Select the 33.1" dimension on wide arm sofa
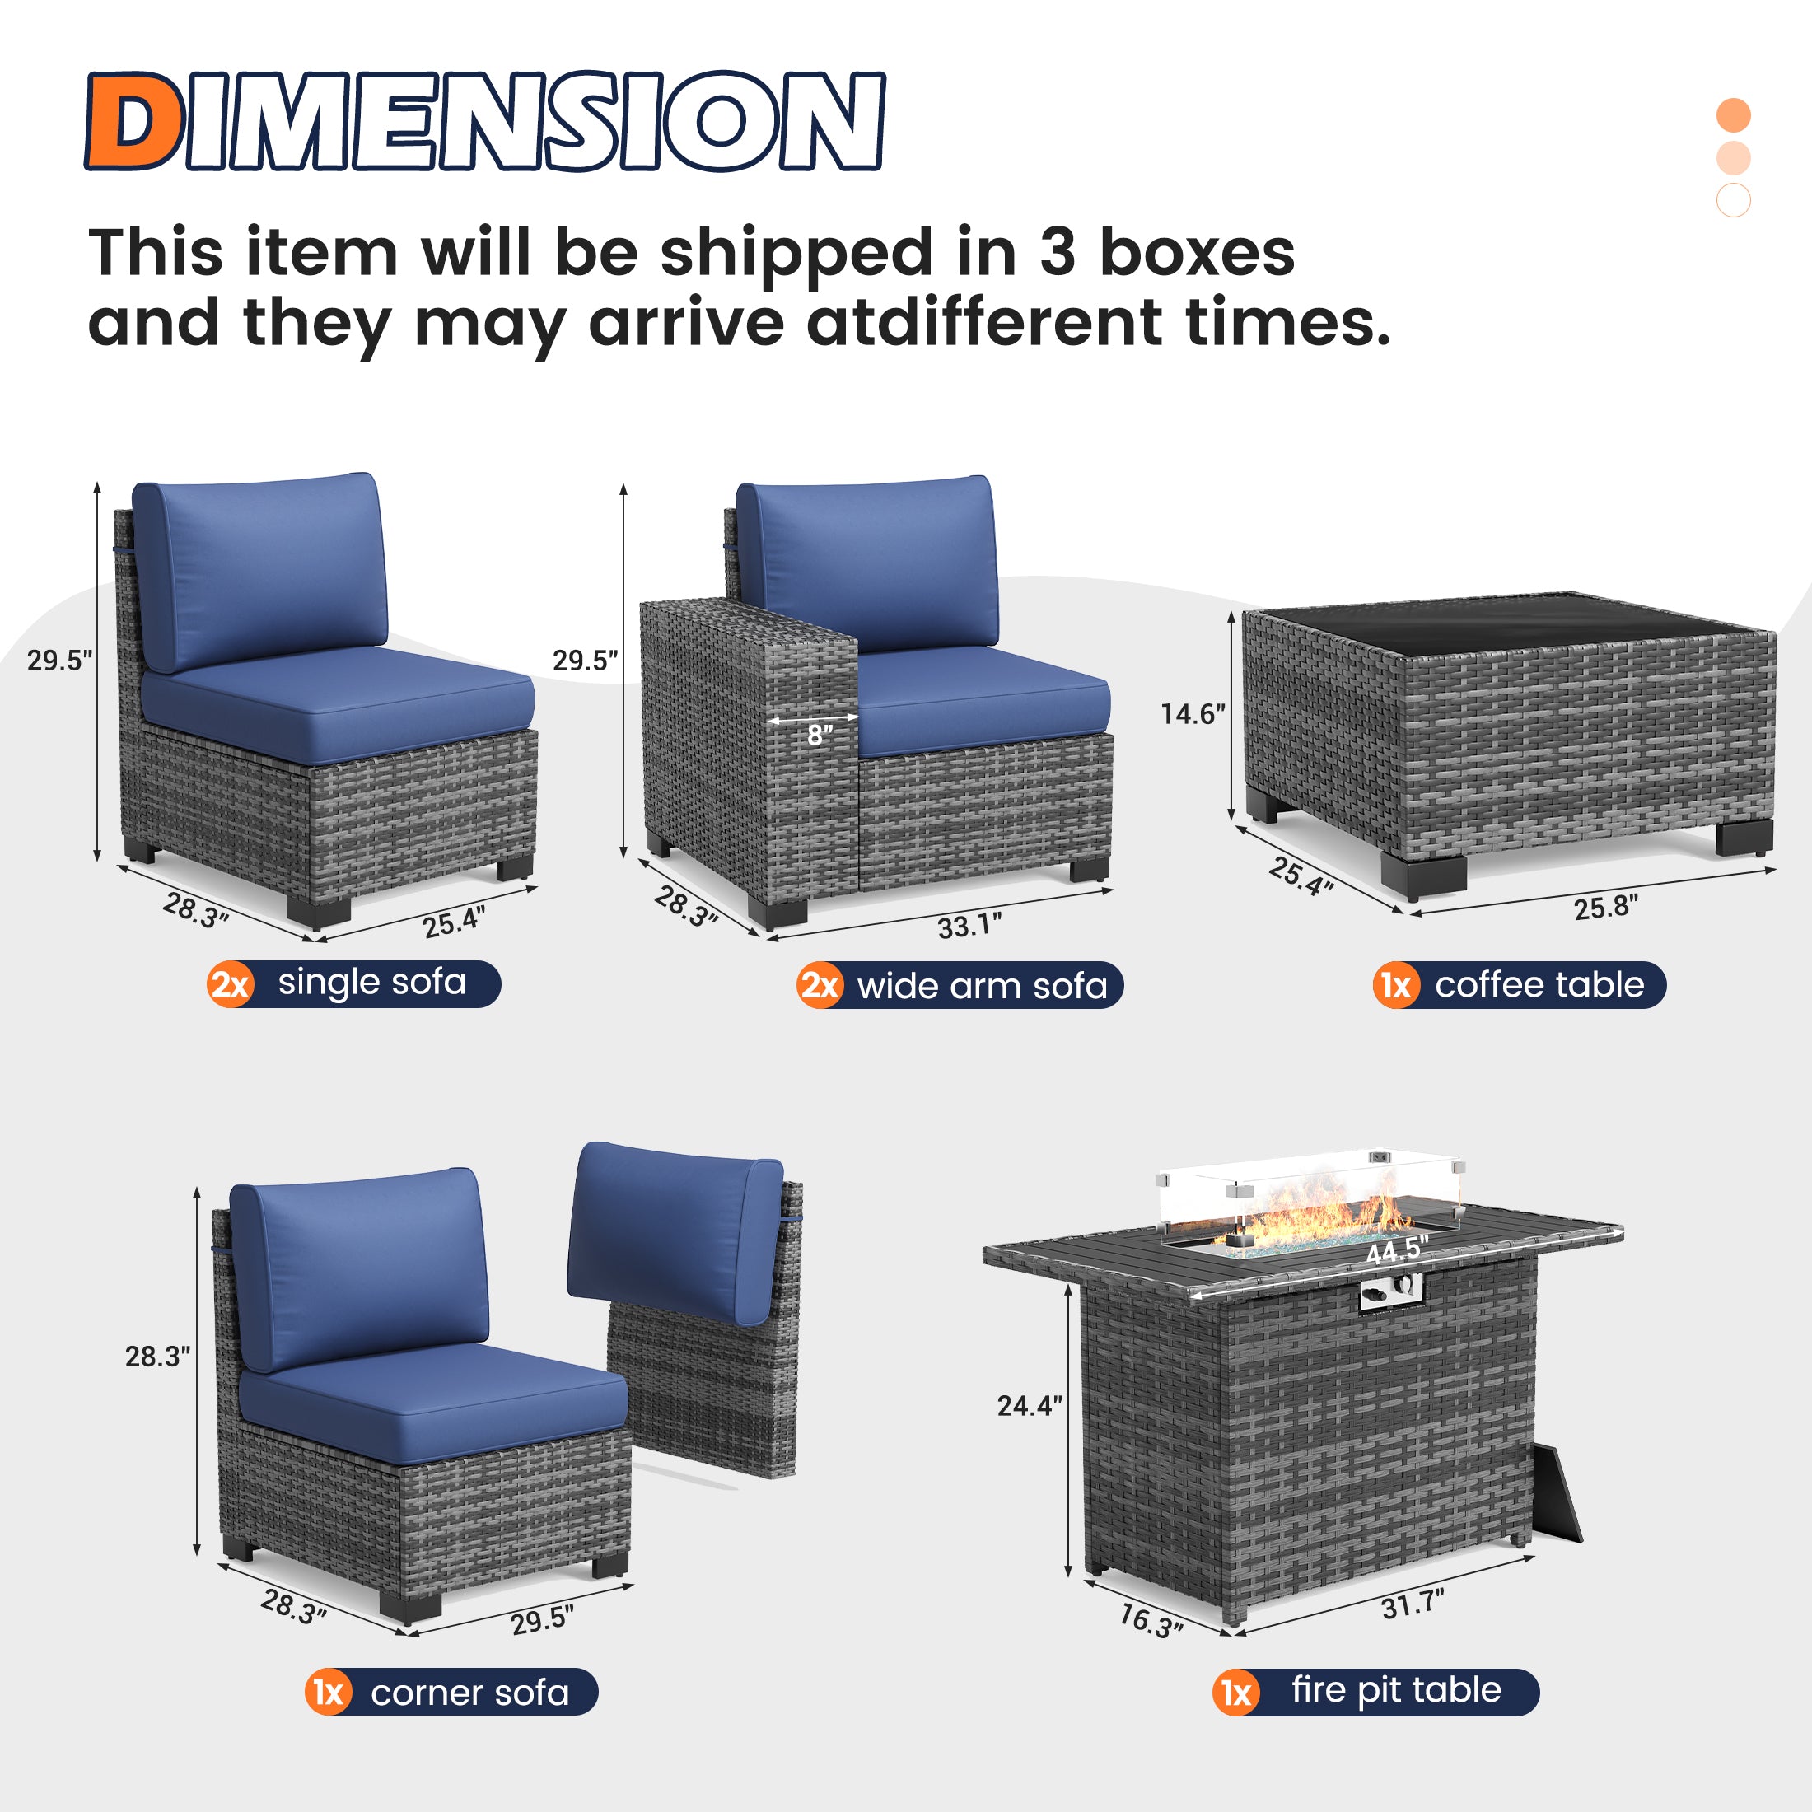pyautogui.click(x=969, y=926)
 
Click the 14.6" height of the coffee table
pyautogui.click(x=1192, y=715)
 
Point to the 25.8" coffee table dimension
pyautogui.click(x=1605, y=907)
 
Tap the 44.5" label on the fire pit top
pyautogui.click(x=1397, y=1250)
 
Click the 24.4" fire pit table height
pyautogui.click(x=1029, y=1406)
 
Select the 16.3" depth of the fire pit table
pyautogui.click(x=1151, y=1620)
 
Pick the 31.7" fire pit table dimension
pyautogui.click(x=1413, y=1604)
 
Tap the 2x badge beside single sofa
pyautogui.click(x=230, y=985)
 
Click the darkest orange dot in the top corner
pyautogui.click(x=1733, y=114)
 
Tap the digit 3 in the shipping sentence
pyautogui.click(x=1057, y=253)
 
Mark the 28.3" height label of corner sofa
pyautogui.click(x=157, y=1357)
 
